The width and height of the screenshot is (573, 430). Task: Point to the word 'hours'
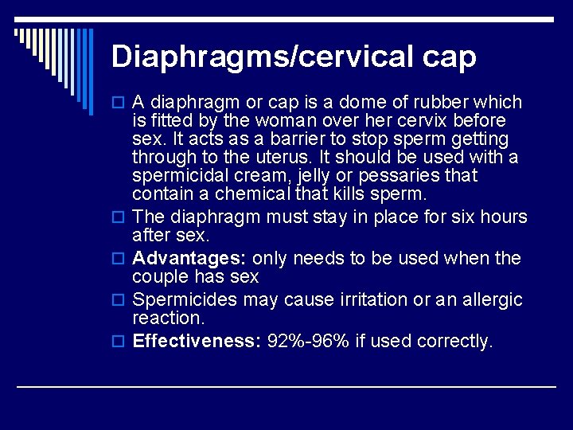(501, 217)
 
